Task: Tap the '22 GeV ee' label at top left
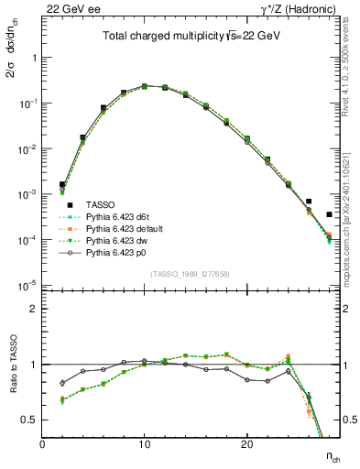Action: (69, 8)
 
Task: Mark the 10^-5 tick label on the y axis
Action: (27, 286)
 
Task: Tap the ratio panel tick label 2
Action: (34, 309)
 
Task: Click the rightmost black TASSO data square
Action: (329, 214)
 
